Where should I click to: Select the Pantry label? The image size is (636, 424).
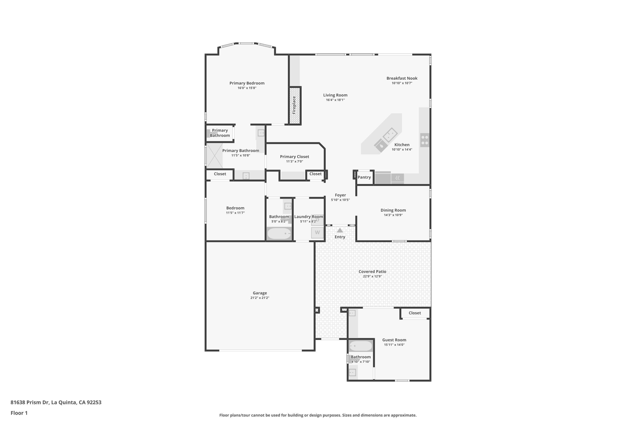coord(364,177)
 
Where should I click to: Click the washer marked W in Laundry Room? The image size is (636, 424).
coord(317,233)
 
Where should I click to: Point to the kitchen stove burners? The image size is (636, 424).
coord(425,140)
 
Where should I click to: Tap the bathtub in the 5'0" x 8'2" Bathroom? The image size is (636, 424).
coord(279,233)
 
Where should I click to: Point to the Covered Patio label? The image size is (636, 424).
coord(372,272)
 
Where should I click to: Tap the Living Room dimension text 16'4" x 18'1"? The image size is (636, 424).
coord(335,100)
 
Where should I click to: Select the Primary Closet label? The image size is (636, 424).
coord(294,157)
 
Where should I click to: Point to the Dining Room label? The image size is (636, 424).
coord(393,210)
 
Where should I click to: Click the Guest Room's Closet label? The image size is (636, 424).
coord(415,313)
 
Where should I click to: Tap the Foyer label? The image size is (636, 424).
coord(340,195)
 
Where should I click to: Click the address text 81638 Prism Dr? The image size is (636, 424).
coord(30,402)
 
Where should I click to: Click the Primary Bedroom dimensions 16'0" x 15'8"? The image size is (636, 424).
coord(247,88)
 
